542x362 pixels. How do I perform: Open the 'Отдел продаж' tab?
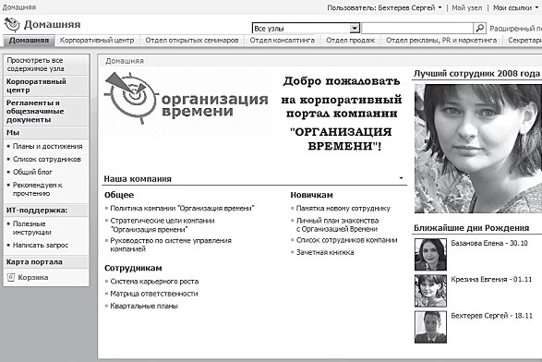pyautogui.click(x=351, y=41)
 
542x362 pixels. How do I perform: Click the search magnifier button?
pyautogui.click(x=478, y=29)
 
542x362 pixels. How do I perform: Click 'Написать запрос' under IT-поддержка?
pyautogui.click(x=42, y=245)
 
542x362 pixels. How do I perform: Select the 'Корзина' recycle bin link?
pyautogui.click(x=33, y=276)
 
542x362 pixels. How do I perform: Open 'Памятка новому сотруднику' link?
pyautogui.click(x=343, y=209)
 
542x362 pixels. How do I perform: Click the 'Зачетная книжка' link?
pyautogui.click(x=325, y=252)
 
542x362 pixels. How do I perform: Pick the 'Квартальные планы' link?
pyautogui.click(x=145, y=306)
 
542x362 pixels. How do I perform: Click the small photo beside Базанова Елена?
pyautogui.click(x=429, y=250)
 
